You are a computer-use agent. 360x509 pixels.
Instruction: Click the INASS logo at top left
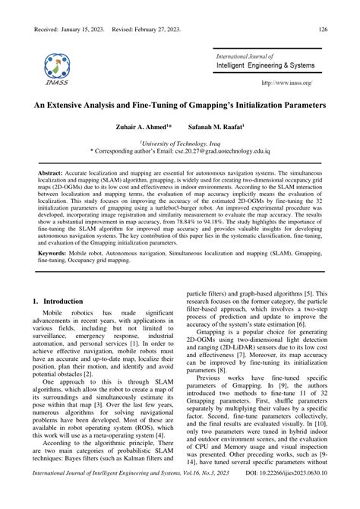coord(58,69)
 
